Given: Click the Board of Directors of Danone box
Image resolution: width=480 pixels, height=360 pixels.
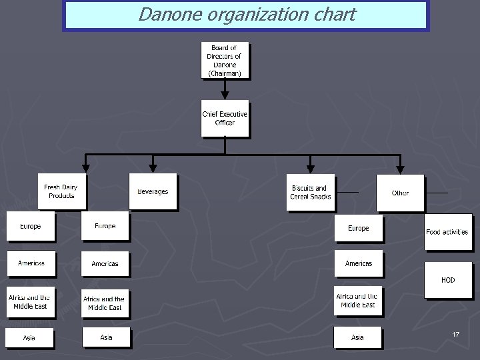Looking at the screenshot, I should click(225, 61).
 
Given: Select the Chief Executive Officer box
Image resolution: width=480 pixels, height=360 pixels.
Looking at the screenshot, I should click(225, 118).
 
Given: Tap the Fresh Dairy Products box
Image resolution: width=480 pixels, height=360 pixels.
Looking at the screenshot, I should click(61, 191).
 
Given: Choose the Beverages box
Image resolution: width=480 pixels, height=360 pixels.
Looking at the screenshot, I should click(153, 191).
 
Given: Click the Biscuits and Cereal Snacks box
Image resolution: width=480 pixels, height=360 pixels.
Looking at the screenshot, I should click(311, 193).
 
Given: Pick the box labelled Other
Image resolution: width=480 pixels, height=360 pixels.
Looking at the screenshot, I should click(400, 193).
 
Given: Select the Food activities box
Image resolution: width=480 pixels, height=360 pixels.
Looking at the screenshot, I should click(447, 231).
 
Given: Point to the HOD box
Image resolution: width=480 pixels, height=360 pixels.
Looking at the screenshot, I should click(448, 279).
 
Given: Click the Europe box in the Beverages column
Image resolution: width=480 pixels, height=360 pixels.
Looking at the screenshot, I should click(105, 227).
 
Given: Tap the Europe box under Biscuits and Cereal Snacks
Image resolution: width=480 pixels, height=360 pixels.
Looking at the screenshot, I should click(358, 228).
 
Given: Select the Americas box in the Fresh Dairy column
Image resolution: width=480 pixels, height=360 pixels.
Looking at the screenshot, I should click(31, 263).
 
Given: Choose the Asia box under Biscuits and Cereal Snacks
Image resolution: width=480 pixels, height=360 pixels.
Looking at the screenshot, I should click(358, 337).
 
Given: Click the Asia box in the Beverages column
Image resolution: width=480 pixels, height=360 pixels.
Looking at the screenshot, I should click(106, 337).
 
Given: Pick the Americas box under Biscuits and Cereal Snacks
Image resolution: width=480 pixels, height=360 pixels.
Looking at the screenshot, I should click(358, 263).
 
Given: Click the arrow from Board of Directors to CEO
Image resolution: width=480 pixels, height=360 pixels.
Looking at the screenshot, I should click(225, 91).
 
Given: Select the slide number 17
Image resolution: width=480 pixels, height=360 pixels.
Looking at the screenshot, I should click(456, 334).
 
